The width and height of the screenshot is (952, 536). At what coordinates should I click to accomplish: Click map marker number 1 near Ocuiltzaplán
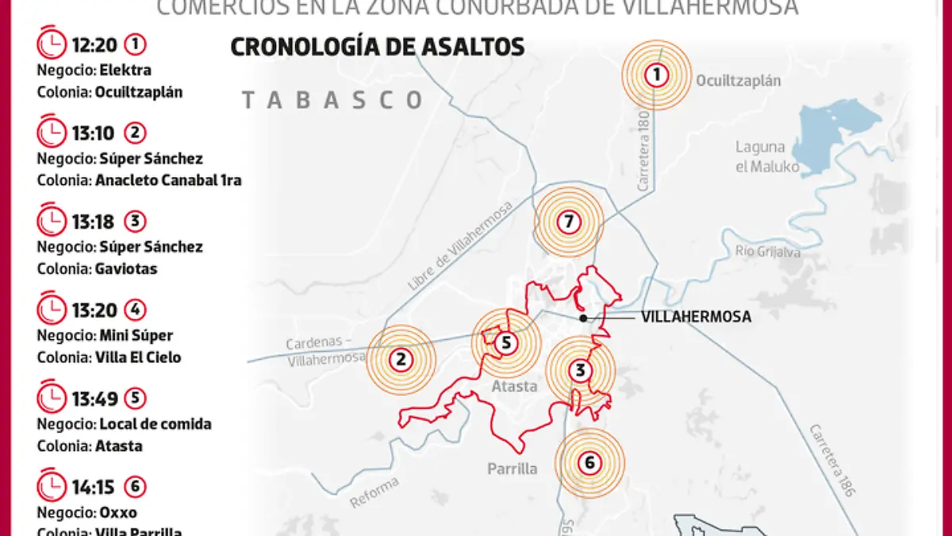(x=656, y=75)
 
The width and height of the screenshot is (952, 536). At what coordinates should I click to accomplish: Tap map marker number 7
(x=568, y=222)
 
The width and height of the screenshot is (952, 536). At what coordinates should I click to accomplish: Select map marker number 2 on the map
(x=401, y=360)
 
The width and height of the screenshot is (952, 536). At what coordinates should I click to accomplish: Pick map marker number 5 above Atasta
(x=506, y=343)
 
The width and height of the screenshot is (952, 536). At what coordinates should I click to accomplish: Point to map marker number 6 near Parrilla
(x=589, y=463)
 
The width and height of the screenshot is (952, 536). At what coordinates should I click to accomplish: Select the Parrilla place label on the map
(x=512, y=469)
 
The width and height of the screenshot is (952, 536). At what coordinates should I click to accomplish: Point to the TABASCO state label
(x=332, y=100)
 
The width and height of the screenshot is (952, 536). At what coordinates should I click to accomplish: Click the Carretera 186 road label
(x=833, y=461)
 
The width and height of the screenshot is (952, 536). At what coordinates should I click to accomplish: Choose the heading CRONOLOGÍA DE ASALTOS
(x=377, y=47)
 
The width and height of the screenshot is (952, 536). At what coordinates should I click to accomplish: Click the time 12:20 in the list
(x=94, y=44)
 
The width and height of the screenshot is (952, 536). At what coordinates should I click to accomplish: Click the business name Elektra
(x=125, y=70)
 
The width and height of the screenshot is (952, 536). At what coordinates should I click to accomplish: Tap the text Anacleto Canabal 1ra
(x=168, y=180)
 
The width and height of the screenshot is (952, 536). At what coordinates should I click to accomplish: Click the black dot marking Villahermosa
(x=583, y=318)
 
